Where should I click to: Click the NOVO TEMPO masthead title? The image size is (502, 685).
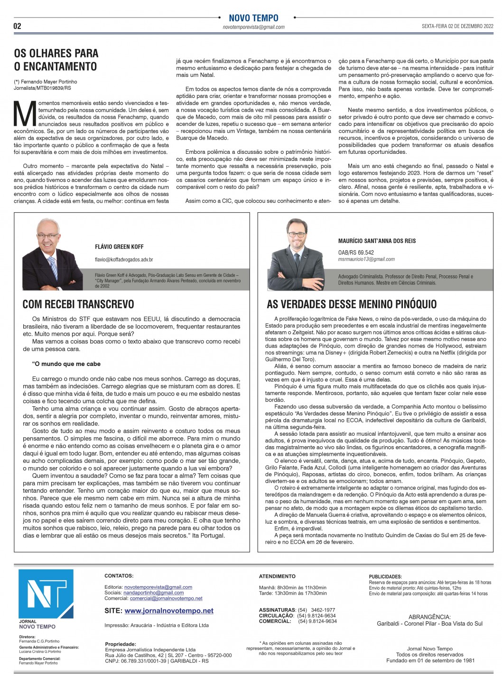(x=253, y=18)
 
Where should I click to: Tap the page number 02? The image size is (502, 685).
(x=18, y=27)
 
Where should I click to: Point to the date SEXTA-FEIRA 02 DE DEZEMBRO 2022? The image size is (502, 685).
(x=458, y=27)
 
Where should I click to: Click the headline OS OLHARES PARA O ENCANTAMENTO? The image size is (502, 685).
(x=56, y=60)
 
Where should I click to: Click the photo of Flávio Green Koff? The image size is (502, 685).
(x=53, y=254)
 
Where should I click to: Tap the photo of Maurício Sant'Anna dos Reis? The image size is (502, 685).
(x=297, y=254)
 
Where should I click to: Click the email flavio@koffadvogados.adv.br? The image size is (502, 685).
(x=124, y=260)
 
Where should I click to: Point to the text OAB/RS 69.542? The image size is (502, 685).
(x=356, y=253)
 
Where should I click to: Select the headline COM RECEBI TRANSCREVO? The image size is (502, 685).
(x=78, y=304)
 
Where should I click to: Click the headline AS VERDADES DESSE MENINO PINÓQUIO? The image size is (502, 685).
(x=352, y=304)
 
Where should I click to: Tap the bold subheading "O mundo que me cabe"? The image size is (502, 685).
(x=66, y=364)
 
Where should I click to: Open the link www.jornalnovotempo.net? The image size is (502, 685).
(x=169, y=611)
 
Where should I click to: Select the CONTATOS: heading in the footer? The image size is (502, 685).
(x=119, y=576)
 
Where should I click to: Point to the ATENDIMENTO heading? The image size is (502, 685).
(x=277, y=576)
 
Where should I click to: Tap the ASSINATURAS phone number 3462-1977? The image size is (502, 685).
(x=323, y=610)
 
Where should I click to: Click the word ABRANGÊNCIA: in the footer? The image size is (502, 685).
(x=429, y=617)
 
